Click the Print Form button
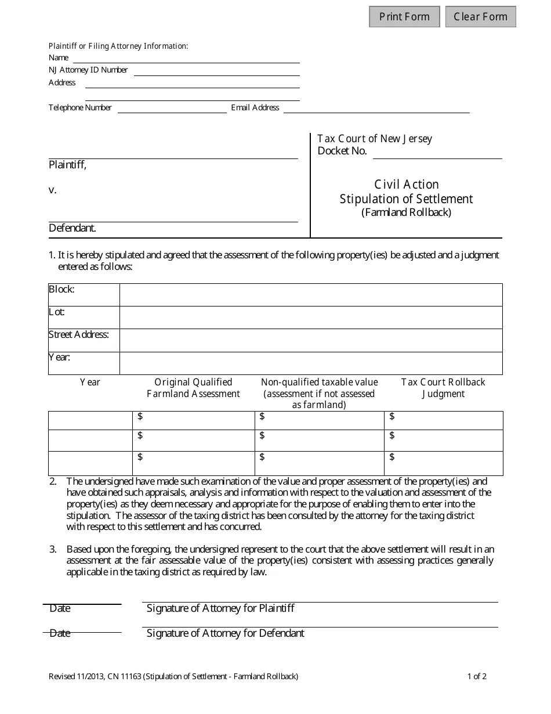coord(404,16)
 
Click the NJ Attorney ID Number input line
coord(216,71)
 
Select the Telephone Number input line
coord(172,108)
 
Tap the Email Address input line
coord(376,108)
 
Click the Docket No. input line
coord(436,153)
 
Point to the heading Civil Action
coord(406,185)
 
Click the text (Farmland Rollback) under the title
coord(406,212)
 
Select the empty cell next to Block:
coord(310,295)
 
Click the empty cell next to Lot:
coord(310,318)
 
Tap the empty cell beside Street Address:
coord(310,340)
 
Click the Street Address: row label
coord(78,335)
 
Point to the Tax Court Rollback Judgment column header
coord(443,388)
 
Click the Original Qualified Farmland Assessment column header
coord(193,388)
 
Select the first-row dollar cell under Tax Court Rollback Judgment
coord(443,420)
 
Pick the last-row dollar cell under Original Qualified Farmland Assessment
coord(193,463)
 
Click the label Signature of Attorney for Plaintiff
coord(220,608)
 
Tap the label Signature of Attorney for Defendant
coord(225,633)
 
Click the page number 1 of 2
coord(477,676)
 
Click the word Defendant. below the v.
coord(72,228)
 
